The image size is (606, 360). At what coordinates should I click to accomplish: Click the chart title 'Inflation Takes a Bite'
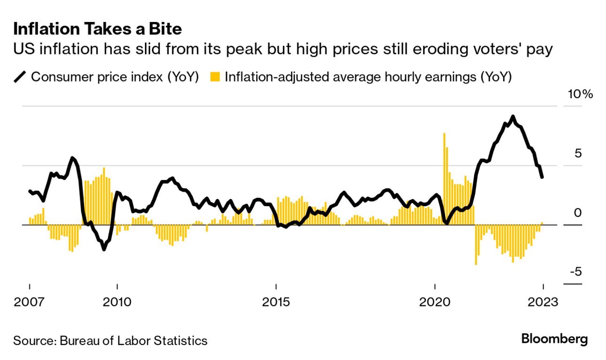point(97,29)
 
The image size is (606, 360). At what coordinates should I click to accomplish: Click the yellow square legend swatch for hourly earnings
point(215,76)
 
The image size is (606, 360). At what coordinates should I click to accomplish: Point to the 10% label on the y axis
point(580,94)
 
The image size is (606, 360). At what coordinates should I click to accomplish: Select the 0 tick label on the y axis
point(577,213)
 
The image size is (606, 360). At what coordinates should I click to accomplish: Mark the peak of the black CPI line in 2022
point(513,116)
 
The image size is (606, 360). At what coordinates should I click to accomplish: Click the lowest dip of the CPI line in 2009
point(104,249)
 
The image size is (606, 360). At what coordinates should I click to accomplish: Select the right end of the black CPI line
point(543,177)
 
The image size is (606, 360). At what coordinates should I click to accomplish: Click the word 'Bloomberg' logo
point(554,339)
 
